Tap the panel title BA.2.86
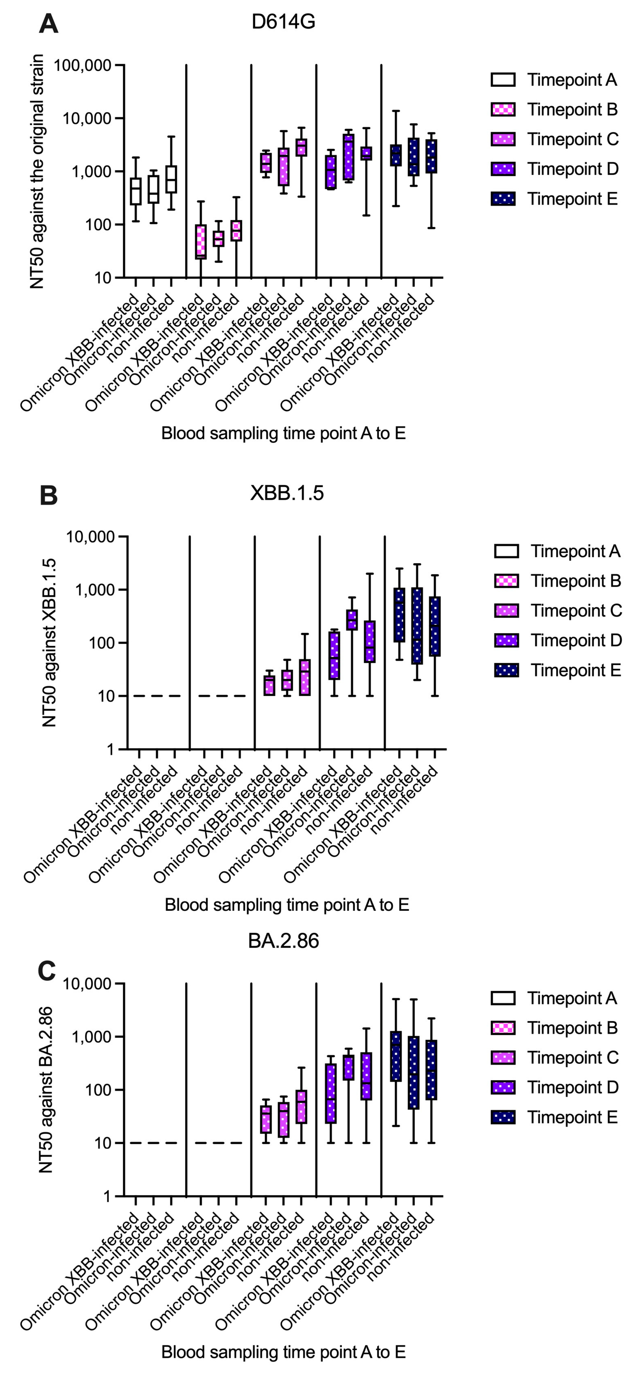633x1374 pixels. [x=283, y=941]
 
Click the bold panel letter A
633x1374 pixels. [x=49, y=24]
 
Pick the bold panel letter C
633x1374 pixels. [x=47, y=971]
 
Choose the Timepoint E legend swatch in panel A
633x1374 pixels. [x=503, y=199]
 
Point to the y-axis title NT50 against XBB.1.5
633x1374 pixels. [x=49, y=643]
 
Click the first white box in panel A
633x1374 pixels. [x=136, y=191]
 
